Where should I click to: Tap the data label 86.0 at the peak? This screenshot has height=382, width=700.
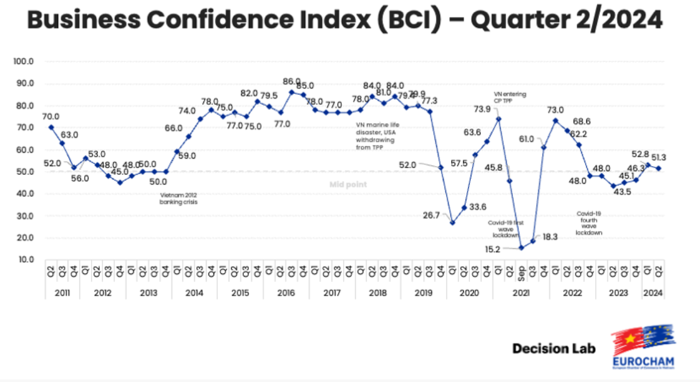(292, 81)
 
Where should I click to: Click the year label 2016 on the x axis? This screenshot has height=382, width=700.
(286, 293)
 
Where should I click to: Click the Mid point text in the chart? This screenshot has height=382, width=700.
(347, 184)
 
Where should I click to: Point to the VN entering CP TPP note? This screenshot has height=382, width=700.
(510, 97)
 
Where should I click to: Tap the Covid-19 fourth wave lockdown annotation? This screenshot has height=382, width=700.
(588, 223)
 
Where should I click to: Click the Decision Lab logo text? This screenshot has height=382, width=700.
(553, 349)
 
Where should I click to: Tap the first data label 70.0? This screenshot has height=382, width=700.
(51, 116)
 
